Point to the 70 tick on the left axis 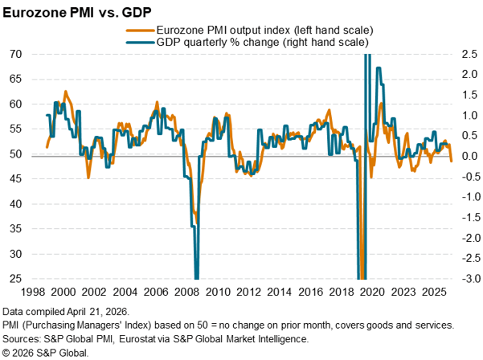pos(15,54)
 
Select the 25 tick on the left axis pos(15,279)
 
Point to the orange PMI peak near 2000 pos(65,92)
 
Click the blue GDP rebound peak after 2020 pos(378,67)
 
